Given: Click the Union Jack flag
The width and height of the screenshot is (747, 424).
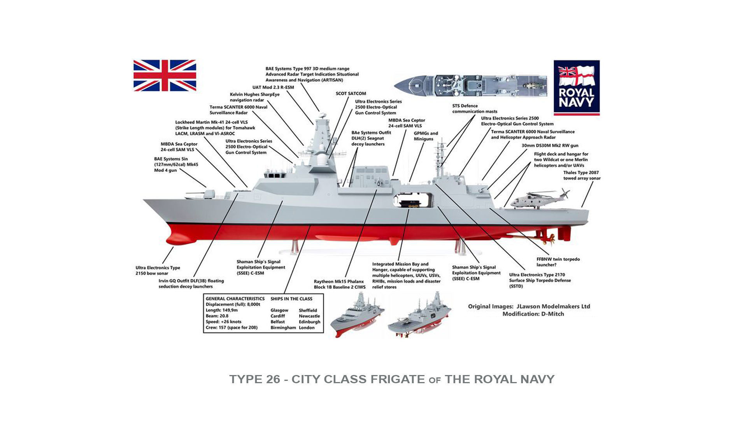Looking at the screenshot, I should click(x=165, y=75).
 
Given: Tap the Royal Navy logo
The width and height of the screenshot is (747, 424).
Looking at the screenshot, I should click(x=576, y=87).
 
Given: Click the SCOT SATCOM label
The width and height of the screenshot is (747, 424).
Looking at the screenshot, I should click(x=351, y=93).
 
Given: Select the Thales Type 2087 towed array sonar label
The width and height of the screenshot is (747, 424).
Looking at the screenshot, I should click(x=582, y=175).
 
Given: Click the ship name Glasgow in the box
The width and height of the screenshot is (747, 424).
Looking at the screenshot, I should click(x=279, y=310).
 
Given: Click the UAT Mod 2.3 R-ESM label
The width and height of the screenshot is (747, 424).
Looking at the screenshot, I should click(x=273, y=87).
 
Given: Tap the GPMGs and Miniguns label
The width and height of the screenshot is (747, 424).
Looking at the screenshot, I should click(x=426, y=136).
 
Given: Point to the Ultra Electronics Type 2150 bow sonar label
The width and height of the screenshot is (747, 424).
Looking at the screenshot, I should click(x=158, y=270).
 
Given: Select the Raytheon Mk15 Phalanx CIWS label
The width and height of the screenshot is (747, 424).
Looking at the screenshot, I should click(x=340, y=284).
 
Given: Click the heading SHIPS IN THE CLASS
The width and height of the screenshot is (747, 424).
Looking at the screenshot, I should click(x=291, y=298).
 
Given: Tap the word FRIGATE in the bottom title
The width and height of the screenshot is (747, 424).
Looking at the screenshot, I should click(x=397, y=379).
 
